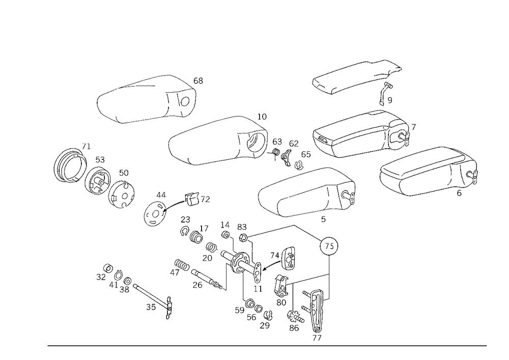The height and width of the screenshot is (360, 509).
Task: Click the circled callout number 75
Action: point(329,246)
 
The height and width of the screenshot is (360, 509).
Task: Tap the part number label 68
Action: point(198,80)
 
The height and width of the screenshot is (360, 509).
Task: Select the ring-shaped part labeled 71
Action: point(70,165)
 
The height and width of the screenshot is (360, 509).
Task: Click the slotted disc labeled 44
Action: point(155,213)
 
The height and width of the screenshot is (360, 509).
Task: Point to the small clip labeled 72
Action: point(192,199)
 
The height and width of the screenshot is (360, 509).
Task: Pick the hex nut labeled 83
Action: point(243,238)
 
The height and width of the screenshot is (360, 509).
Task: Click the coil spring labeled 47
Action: point(182,265)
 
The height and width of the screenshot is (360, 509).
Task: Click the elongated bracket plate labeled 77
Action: point(317,310)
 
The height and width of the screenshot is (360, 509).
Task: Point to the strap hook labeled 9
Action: point(385,94)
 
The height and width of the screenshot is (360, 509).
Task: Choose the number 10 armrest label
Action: point(262,117)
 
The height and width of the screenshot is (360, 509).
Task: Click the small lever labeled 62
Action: point(286,158)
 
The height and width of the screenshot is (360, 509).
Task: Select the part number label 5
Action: point(323,219)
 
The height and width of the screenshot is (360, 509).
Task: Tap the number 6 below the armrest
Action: point(459,193)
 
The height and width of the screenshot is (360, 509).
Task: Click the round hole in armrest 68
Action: point(185,102)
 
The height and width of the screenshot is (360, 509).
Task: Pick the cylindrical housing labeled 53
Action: point(97,182)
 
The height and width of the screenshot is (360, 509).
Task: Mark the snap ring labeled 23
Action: point(184,231)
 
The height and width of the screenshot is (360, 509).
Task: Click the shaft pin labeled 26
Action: point(207,278)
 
